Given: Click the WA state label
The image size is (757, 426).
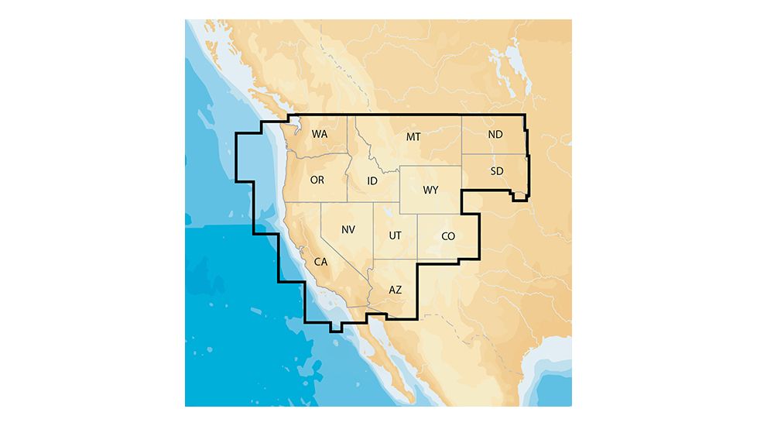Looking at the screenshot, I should click(x=320, y=134).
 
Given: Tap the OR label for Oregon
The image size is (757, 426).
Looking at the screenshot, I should click(x=317, y=180).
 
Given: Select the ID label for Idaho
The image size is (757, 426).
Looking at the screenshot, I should click(x=372, y=181).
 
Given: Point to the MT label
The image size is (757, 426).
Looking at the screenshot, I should click(x=413, y=137).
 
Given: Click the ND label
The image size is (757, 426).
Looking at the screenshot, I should click(x=495, y=135).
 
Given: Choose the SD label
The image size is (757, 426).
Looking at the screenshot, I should click(x=497, y=170).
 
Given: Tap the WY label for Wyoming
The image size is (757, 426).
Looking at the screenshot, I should click(x=430, y=191).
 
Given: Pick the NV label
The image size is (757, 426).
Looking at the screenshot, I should click(x=348, y=230).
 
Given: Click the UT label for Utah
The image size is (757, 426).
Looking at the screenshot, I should click(x=395, y=235).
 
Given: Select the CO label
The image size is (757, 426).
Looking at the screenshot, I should click(x=448, y=236).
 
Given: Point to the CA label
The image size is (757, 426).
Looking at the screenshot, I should click(x=320, y=262).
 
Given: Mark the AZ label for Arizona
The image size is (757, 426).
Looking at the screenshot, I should click(x=395, y=290).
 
